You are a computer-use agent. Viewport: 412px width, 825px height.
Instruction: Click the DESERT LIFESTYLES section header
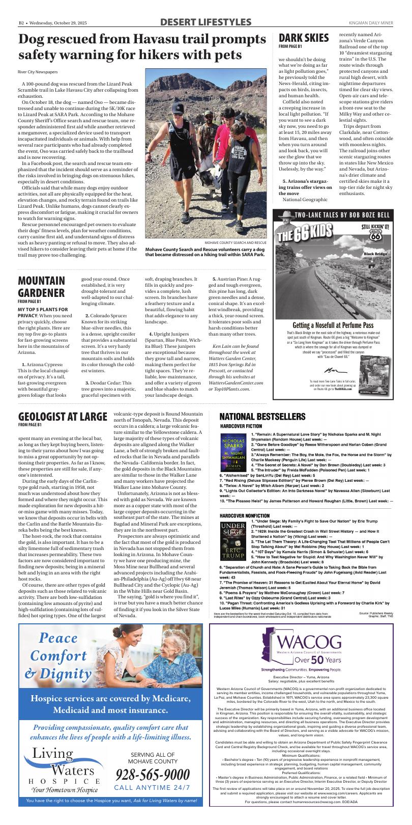tap(205, 22)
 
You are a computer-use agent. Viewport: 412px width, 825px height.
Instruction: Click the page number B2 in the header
tap(22, 23)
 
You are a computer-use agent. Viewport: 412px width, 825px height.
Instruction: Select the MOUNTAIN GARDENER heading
tap(41, 287)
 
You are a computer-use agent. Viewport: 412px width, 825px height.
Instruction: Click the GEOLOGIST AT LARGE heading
tap(63, 416)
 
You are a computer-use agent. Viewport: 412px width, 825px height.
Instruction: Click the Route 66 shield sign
tap(376, 236)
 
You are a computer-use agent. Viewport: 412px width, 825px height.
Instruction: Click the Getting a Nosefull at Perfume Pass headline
tap(333, 325)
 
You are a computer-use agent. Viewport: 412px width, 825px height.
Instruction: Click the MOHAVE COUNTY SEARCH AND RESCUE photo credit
tap(236, 243)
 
